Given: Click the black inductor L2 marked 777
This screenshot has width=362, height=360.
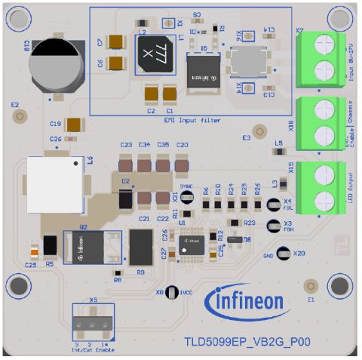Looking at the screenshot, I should coord(155,55).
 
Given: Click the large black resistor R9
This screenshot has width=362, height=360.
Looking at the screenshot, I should coord(140,248).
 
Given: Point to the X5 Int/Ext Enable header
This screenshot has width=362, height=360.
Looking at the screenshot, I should coord(95,322).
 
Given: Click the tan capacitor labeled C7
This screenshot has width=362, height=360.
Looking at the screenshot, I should coord(116,43).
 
